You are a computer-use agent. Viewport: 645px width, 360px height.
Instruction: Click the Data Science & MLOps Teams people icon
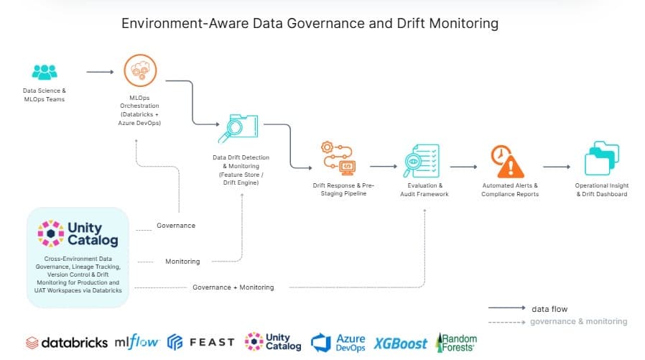[44, 72]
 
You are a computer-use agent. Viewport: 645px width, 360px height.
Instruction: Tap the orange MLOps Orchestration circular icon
[140, 71]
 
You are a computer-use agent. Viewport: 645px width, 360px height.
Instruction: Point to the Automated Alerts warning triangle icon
[506, 161]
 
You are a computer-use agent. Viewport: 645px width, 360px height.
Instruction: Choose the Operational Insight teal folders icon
[601, 159]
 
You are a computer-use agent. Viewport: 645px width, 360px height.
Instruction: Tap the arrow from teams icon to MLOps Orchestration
[100, 72]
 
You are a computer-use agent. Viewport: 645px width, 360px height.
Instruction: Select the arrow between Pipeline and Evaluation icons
[384, 167]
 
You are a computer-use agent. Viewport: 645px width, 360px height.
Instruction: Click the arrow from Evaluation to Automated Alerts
[463, 167]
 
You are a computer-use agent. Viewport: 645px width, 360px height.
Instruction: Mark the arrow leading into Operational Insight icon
[557, 167]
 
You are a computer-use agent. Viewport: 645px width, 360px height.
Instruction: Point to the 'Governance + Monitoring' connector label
[233, 287]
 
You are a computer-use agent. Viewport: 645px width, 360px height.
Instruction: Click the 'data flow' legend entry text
[549, 309]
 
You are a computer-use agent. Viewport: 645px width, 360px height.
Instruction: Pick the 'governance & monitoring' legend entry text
[578, 321]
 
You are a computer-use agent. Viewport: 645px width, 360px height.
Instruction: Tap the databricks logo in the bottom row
[67, 343]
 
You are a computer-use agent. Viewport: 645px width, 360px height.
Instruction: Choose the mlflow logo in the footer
[136, 343]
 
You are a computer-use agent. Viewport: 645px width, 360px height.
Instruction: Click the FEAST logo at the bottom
[201, 342]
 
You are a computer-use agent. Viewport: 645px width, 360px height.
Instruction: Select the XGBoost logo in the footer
[400, 343]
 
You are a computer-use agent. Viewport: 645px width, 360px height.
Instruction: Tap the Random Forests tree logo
[455, 342]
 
